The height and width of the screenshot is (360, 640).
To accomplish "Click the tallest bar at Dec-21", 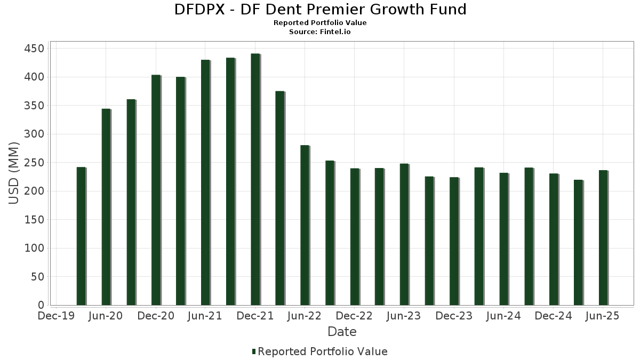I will point(255,179).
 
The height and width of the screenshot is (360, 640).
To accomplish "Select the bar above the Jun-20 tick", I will point(106,207).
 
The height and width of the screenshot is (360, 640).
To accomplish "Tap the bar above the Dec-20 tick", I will point(155,190).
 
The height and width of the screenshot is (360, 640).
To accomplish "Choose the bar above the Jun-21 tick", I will point(205,182).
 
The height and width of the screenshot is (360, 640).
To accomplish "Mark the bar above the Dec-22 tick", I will point(354,237).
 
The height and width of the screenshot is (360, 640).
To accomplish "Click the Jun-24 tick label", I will point(503,316).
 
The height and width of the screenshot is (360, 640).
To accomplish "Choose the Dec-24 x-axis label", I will point(553,316).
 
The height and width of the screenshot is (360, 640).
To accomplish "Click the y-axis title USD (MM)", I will point(14,173).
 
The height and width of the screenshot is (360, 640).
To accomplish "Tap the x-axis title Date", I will point(342,332).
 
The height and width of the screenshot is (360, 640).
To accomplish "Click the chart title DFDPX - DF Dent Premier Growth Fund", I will point(320,10).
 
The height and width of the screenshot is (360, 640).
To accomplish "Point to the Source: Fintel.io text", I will point(320,32).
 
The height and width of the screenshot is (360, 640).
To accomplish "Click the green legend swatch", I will point(254,351).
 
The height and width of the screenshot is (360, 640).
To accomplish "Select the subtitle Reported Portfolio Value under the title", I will point(320,23).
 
